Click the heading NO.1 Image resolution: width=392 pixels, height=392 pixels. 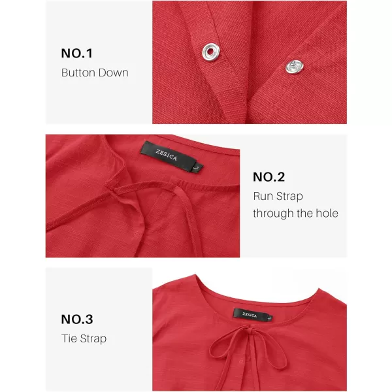point(76,54)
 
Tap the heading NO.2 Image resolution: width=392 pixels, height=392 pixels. point(269,177)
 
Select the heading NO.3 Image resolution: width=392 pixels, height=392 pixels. point(77,319)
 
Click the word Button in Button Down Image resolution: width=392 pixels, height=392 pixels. point(78,73)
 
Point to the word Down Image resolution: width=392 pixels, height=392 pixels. point(114,73)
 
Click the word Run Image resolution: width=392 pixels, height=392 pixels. point(262,196)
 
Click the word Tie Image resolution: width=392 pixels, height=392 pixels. point(69,338)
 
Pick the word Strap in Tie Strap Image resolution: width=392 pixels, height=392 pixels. point(93,339)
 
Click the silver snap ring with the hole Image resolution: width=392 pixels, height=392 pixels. point(211,52)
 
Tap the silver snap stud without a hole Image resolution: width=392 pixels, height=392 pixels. point(295,67)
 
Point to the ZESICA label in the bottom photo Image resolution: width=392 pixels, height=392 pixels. point(250,314)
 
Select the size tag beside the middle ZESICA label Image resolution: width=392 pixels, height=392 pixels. point(199,167)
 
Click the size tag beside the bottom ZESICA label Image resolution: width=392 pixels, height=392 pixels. point(270,318)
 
